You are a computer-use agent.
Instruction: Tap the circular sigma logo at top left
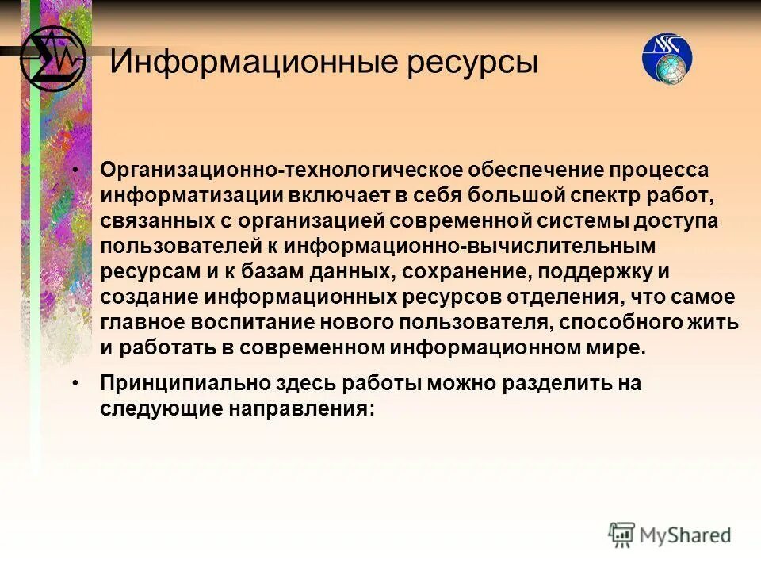pyautogui.click(x=52, y=59)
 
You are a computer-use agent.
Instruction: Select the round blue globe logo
pyautogui.click(x=667, y=59)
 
